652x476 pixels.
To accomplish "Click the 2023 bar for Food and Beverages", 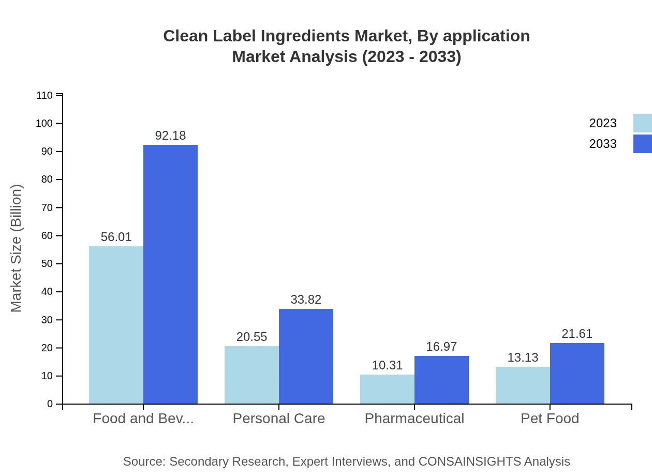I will tap(116, 325).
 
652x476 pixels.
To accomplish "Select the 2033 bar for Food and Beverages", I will tap(170, 274).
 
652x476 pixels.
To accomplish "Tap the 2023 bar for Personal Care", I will tap(251, 375).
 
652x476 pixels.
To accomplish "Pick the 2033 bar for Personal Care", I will tap(306, 356).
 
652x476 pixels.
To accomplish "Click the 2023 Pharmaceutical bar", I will tap(387, 389).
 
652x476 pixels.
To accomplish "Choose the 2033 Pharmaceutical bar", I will tap(441, 380).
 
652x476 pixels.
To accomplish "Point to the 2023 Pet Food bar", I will tap(523, 385).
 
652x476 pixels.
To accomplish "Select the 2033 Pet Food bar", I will tap(577, 373).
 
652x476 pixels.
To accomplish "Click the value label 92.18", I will tap(170, 136).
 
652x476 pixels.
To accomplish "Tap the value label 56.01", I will tap(116, 237).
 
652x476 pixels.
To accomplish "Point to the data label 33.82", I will tap(306, 300).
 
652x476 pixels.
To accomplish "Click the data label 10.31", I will tap(387, 365).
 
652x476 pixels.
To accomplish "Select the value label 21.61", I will tap(577, 334).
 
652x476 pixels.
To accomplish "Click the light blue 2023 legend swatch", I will tap(642, 123).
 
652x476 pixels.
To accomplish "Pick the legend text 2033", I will tap(603, 144).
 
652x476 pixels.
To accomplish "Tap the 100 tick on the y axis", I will tap(45, 124).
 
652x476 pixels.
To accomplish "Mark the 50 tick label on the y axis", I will tap(47, 264).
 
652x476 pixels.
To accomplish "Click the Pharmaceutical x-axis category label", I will tap(414, 419).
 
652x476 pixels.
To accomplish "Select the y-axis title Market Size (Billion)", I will tap(17, 248).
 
